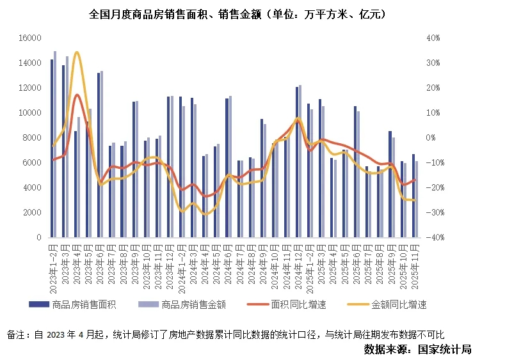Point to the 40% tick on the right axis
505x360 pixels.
pos(433,38)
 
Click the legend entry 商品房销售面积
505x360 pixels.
pos(83,304)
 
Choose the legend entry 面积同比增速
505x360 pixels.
pos(298,304)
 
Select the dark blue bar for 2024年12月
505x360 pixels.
pos(297,162)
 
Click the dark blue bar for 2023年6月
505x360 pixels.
pos(99,155)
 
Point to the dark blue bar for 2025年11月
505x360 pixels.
pos(413,195)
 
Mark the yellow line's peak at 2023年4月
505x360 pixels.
pos(77,52)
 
